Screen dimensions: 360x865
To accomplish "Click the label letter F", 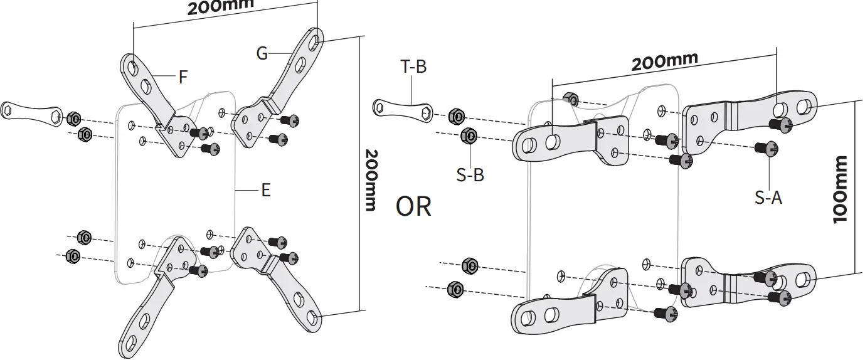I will click(x=183, y=78).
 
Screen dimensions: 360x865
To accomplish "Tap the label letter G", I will click(x=262, y=53).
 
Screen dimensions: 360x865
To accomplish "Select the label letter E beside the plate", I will click(x=265, y=190).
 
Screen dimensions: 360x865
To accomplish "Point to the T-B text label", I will click(x=413, y=66).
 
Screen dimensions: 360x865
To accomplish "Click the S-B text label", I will click(x=469, y=175).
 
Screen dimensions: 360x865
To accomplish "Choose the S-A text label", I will click(x=768, y=198).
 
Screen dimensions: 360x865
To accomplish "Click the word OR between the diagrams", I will click(x=413, y=206).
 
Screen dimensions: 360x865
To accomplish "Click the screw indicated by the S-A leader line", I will click(x=765, y=149).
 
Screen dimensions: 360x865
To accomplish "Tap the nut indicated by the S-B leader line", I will click(x=468, y=135).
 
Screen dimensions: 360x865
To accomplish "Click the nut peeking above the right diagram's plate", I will click(x=571, y=98).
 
